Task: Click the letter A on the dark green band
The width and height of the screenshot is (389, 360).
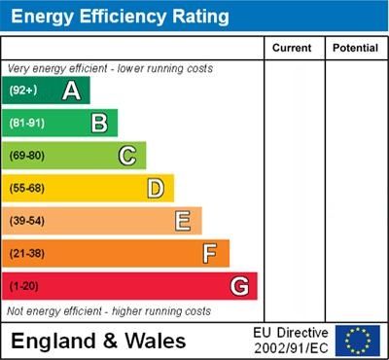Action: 71,90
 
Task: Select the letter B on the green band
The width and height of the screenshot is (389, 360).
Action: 99,123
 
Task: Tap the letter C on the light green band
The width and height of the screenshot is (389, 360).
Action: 127,156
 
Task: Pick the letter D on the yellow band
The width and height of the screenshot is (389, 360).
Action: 156,188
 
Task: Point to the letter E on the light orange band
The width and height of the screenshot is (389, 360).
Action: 183,221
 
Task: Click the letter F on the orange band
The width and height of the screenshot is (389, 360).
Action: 210,254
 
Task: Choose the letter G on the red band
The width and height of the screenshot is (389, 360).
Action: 239,286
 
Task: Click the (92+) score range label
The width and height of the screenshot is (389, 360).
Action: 23,90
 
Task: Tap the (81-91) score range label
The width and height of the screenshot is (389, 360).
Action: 27,123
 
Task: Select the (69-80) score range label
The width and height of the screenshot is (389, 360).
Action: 27,156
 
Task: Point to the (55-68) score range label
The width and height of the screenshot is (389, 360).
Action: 27,188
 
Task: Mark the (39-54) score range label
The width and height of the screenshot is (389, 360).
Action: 27,221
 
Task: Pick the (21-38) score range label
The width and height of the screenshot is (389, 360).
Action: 27,254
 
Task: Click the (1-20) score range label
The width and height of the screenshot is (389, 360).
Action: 24,286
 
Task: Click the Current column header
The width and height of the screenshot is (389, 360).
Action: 292,48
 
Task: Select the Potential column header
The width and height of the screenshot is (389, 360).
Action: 355,48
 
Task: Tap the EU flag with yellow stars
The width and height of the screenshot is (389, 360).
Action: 358,341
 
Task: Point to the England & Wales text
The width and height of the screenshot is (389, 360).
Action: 98,341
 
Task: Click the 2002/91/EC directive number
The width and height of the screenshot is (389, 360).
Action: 291,347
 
